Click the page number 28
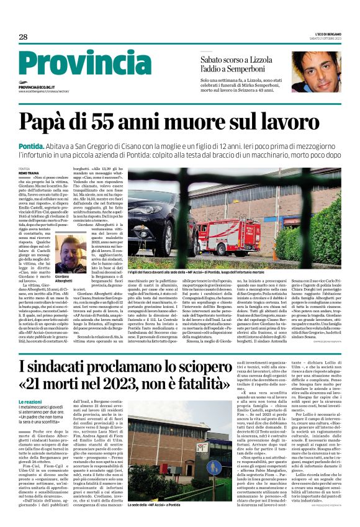(x=23, y=37)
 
